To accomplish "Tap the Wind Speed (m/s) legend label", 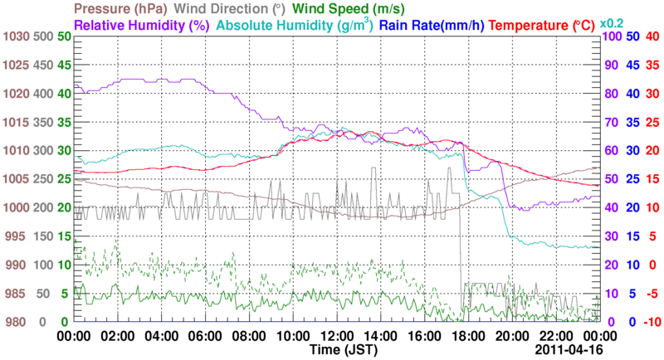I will [349, 8].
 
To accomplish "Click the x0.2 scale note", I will [613, 22].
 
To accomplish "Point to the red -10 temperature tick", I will [652, 322].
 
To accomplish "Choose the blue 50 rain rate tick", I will [632, 37].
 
